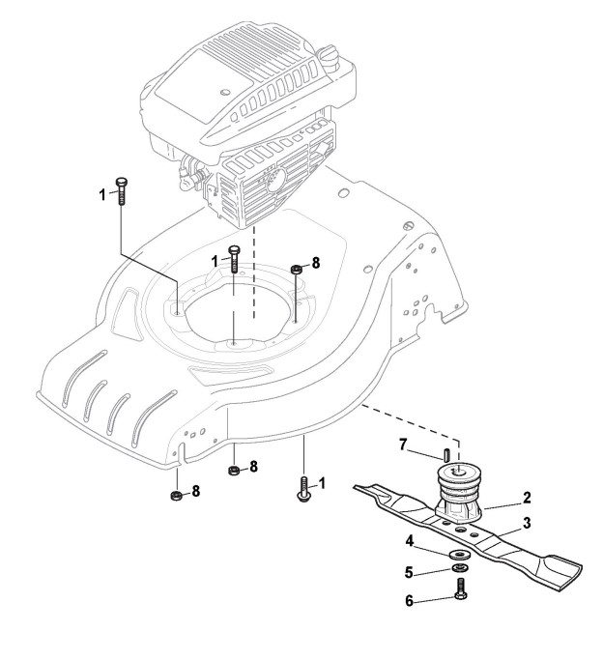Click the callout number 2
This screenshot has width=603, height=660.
pos(527,499)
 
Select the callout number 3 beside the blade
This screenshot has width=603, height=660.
pos(528,523)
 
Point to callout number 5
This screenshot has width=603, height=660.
pos(410,570)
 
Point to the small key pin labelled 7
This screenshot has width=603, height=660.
pos(445,452)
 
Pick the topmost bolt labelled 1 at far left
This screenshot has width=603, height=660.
pos(121,188)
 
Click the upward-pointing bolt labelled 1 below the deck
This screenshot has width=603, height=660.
pos(303,488)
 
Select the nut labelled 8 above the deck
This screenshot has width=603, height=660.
pos(296,269)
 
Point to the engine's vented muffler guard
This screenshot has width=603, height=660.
pos(270,184)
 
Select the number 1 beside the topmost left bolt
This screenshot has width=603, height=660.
pos(102,193)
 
